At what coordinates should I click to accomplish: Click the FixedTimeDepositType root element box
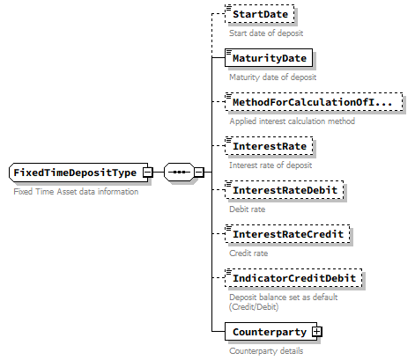[74, 173]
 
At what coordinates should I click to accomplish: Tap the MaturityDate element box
[269, 59]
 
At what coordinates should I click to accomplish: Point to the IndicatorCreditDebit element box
[293, 278]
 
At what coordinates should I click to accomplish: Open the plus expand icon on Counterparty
[315, 332]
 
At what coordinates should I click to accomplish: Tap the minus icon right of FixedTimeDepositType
[147, 173]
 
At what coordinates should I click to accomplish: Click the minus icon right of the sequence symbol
[199, 173]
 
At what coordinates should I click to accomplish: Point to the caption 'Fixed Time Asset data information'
[76, 192]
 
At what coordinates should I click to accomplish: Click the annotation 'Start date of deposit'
[267, 33]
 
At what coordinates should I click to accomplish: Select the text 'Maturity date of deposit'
[272, 77]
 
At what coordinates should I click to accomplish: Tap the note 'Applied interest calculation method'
[292, 121]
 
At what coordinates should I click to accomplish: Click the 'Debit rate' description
[248, 209]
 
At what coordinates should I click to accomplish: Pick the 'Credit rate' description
[249, 253]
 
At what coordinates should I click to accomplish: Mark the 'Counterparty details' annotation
[266, 351]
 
